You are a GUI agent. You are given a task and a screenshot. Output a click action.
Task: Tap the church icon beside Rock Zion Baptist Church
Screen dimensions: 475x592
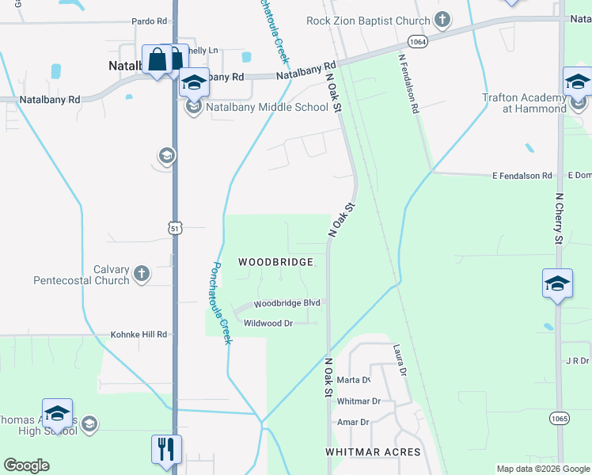click(442, 19)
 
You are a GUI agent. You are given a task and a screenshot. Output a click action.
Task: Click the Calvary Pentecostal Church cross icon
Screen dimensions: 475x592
click(142, 274)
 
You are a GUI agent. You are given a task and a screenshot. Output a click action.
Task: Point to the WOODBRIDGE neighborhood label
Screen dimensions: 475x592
click(276, 261)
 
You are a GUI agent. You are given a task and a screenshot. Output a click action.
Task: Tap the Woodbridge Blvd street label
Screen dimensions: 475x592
click(287, 303)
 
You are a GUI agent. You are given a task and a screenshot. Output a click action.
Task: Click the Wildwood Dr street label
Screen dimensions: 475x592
click(268, 323)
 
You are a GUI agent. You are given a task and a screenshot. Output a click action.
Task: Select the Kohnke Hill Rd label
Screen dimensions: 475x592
click(139, 334)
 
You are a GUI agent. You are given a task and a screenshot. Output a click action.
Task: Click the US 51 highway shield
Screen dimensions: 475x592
click(175, 228)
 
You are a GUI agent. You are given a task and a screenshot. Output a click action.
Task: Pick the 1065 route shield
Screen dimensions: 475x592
click(560, 418)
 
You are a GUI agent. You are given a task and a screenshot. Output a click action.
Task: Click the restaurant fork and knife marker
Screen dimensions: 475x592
click(167, 449)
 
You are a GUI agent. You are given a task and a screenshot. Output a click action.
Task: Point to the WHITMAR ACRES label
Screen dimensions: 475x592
click(374, 451)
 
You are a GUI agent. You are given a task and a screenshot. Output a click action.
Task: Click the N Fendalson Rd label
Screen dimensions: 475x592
click(408, 84)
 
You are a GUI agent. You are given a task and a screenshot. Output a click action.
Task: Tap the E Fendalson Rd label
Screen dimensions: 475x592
click(522, 175)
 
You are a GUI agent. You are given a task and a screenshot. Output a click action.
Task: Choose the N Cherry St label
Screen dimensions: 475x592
click(559, 218)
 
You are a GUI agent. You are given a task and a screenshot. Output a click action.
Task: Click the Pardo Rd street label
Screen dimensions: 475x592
click(150, 21)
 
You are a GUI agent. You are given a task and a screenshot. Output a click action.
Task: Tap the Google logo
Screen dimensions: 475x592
click(26, 465)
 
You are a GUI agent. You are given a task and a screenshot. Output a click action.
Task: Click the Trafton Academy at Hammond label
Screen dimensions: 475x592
click(525, 103)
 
